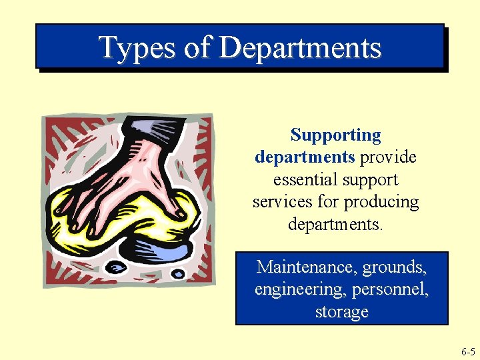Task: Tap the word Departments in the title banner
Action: (x=299, y=47)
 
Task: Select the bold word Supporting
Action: (x=336, y=135)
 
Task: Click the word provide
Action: (x=388, y=157)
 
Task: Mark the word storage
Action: (x=342, y=312)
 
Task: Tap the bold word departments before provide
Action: (x=305, y=157)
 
